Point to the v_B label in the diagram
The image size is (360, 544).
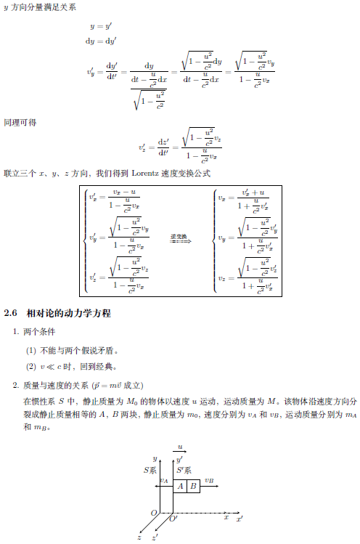pyautogui.click(x=209, y=479)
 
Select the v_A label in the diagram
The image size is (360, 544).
pyautogui.click(x=164, y=480)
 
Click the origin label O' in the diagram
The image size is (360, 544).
pyautogui.click(x=173, y=518)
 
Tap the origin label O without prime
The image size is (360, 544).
pyautogui.click(x=153, y=513)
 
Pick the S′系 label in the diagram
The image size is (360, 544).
pyautogui.click(x=184, y=471)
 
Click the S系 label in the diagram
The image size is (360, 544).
pyautogui.click(x=150, y=471)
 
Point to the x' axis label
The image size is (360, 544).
pyautogui.click(x=239, y=519)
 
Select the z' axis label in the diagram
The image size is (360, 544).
pyautogui.click(x=155, y=538)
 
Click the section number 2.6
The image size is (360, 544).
pyautogui.click(x=10, y=313)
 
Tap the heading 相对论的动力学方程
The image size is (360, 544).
pyautogui.click(x=68, y=313)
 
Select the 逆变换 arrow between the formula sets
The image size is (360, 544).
pyautogui.click(x=180, y=239)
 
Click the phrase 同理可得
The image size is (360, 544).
pyautogui.click(x=20, y=122)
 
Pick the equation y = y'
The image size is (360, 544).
pyautogui.click(x=100, y=25)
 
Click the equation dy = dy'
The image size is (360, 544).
pyautogui.click(x=101, y=41)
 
